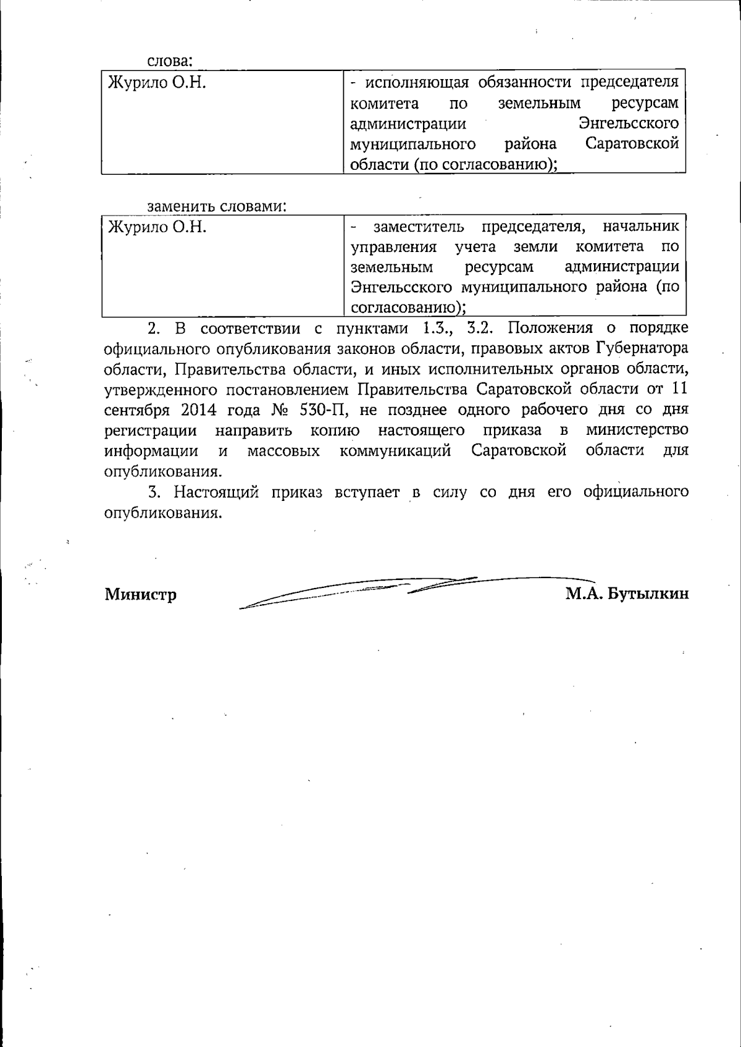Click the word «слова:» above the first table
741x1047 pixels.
[x=170, y=61]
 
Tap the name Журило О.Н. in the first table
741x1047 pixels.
[x=157, y=82]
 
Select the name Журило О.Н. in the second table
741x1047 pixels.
[x=157, y=227]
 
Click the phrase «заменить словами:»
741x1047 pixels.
[x=217, y=206]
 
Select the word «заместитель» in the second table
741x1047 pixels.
[x=419, y=227]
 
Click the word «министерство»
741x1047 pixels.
[x=637, y=431]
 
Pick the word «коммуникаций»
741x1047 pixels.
[x=395, y=451]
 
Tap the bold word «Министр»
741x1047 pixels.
[x=141, y=594]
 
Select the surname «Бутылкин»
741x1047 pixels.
[x=648, y=594]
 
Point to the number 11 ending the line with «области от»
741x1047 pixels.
[x=679, y=390]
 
